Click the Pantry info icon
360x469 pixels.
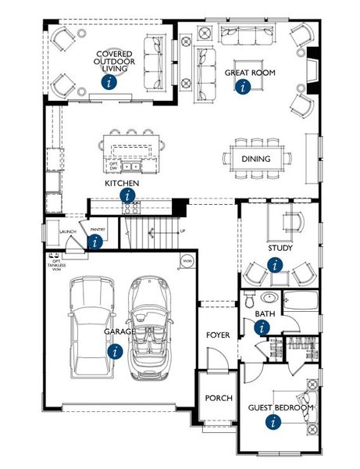[x=96, y=242]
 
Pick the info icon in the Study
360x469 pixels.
[x=274, y=265]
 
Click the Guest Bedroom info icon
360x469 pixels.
[x=274, y=422]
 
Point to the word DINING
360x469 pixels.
[x=256, y=159]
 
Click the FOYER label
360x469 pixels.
[x=218, y=335]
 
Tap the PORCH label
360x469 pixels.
[x=219, y=398]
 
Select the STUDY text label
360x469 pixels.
[x=280, y=249]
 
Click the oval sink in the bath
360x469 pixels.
[x=269, y=298]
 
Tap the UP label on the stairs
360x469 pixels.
[x=183, y=231]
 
